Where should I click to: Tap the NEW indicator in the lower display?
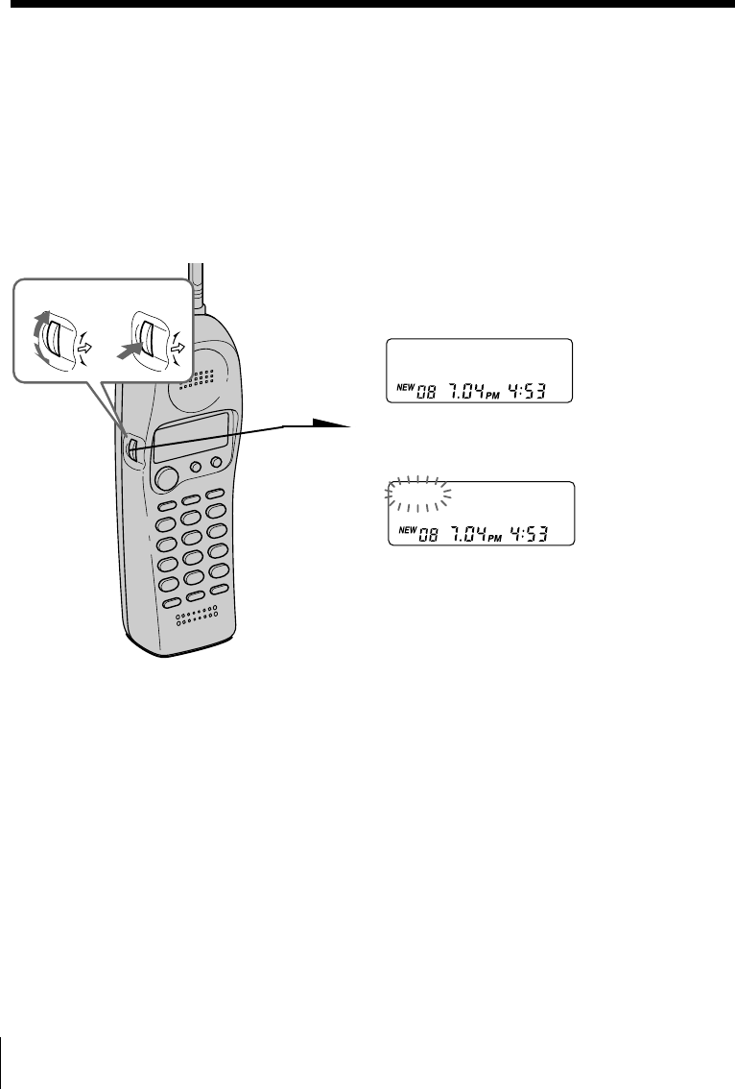[404, 529]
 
